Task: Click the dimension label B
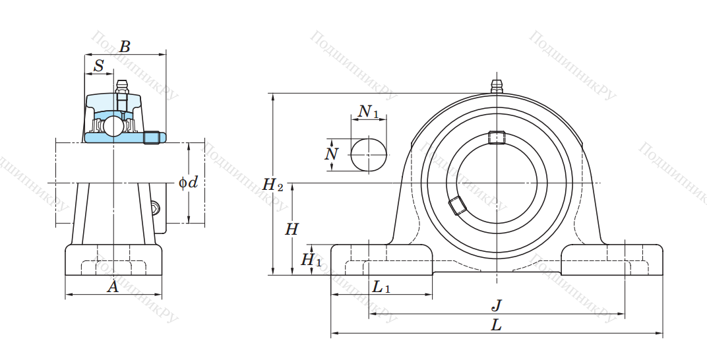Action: coord(125,47)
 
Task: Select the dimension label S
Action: coord(99,65)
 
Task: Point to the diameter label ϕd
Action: coord(188,182)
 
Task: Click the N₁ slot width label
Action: coord(368,111)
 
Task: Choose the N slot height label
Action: coord(332,154)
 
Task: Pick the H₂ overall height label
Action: coord(272,185)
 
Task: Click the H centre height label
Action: coord(292,229)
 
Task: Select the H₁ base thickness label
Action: coord(311,260)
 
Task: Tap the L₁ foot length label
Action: coord(381,287)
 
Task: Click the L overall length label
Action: coord(497,324)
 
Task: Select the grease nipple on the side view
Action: coord(121,86)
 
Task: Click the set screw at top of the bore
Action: coord(496,137)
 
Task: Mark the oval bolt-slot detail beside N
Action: coord(368,154)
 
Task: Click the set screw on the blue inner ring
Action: coord(152,137)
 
